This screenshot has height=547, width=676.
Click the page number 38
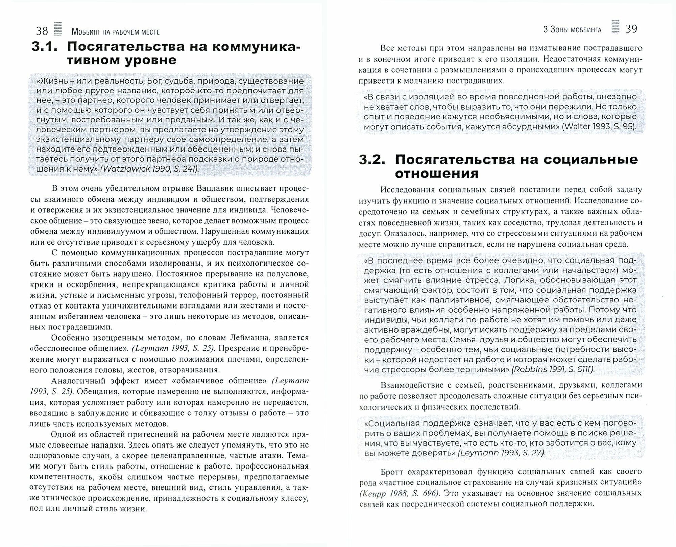[x=42, y=31]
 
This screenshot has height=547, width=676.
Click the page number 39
[x=631, y=29]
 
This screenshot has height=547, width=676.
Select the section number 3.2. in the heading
[x=372, y=160]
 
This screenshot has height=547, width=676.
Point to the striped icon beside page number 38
[x=58, y=29]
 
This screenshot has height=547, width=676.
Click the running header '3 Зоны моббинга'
[x=572, y=30]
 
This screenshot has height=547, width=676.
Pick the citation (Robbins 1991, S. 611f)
[x=553, y=369]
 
